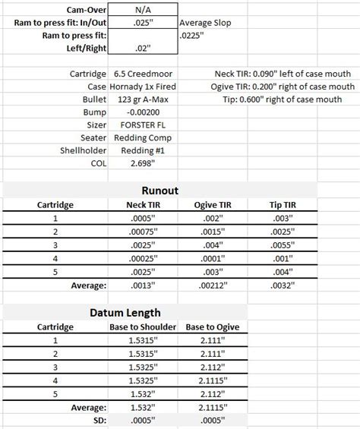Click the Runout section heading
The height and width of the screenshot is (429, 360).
pyautogui.click(x=160, y=191)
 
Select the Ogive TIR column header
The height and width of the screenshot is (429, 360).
pyautogui.click(x=213, y=205)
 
